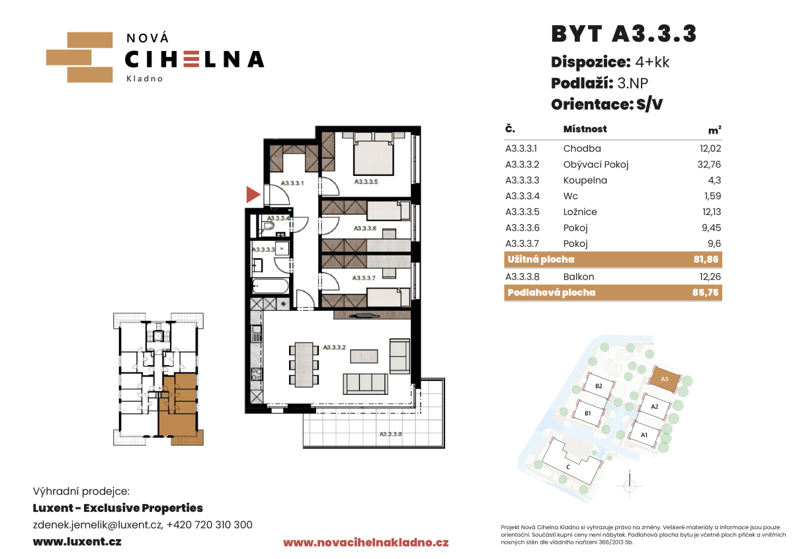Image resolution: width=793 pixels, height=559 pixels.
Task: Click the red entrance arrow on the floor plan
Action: click(x=253, y=194)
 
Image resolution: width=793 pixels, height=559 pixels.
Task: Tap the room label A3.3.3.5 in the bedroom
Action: click(x=366, y=182)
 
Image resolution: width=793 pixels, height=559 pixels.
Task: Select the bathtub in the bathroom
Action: click(x=270, y=286)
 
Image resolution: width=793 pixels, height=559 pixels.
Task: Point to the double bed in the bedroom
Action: click(x=374, y=153)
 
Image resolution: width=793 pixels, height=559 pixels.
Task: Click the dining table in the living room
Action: click(x=304, y=365)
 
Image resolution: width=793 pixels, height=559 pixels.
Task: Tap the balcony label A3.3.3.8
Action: click(x=390, y=434)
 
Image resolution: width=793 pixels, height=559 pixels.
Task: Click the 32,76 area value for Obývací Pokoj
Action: click(x=709, y=165)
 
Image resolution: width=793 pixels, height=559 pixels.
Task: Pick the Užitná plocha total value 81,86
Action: click(x=706, y=259)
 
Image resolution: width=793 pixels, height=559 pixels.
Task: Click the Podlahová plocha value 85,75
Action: click(x=706, y=292)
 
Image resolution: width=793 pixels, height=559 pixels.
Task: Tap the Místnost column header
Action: click(x=585, y=129)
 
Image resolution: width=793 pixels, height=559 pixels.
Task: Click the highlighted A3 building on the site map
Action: click(x=665, y=379)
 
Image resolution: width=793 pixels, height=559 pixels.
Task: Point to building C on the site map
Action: click(x=568, y=462)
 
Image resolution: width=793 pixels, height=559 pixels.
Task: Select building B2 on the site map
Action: click(x=599, y=386)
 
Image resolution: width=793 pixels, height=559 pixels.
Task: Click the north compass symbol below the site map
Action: click(x=630, y=486)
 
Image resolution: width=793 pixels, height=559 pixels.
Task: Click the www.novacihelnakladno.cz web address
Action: click(x=366, y=543)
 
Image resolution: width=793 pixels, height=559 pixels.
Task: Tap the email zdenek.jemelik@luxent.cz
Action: click(x=97, y=525)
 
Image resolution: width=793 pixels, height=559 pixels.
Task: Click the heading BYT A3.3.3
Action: click(x=624, y=34)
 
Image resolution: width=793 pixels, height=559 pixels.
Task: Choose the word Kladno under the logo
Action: click(x=145, y=79)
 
